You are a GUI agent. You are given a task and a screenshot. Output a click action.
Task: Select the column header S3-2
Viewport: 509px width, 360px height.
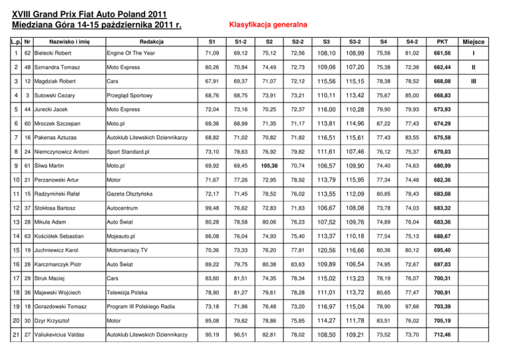coord(354,41)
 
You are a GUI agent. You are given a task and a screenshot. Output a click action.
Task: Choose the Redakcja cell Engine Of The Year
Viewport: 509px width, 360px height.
coord(136,53)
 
